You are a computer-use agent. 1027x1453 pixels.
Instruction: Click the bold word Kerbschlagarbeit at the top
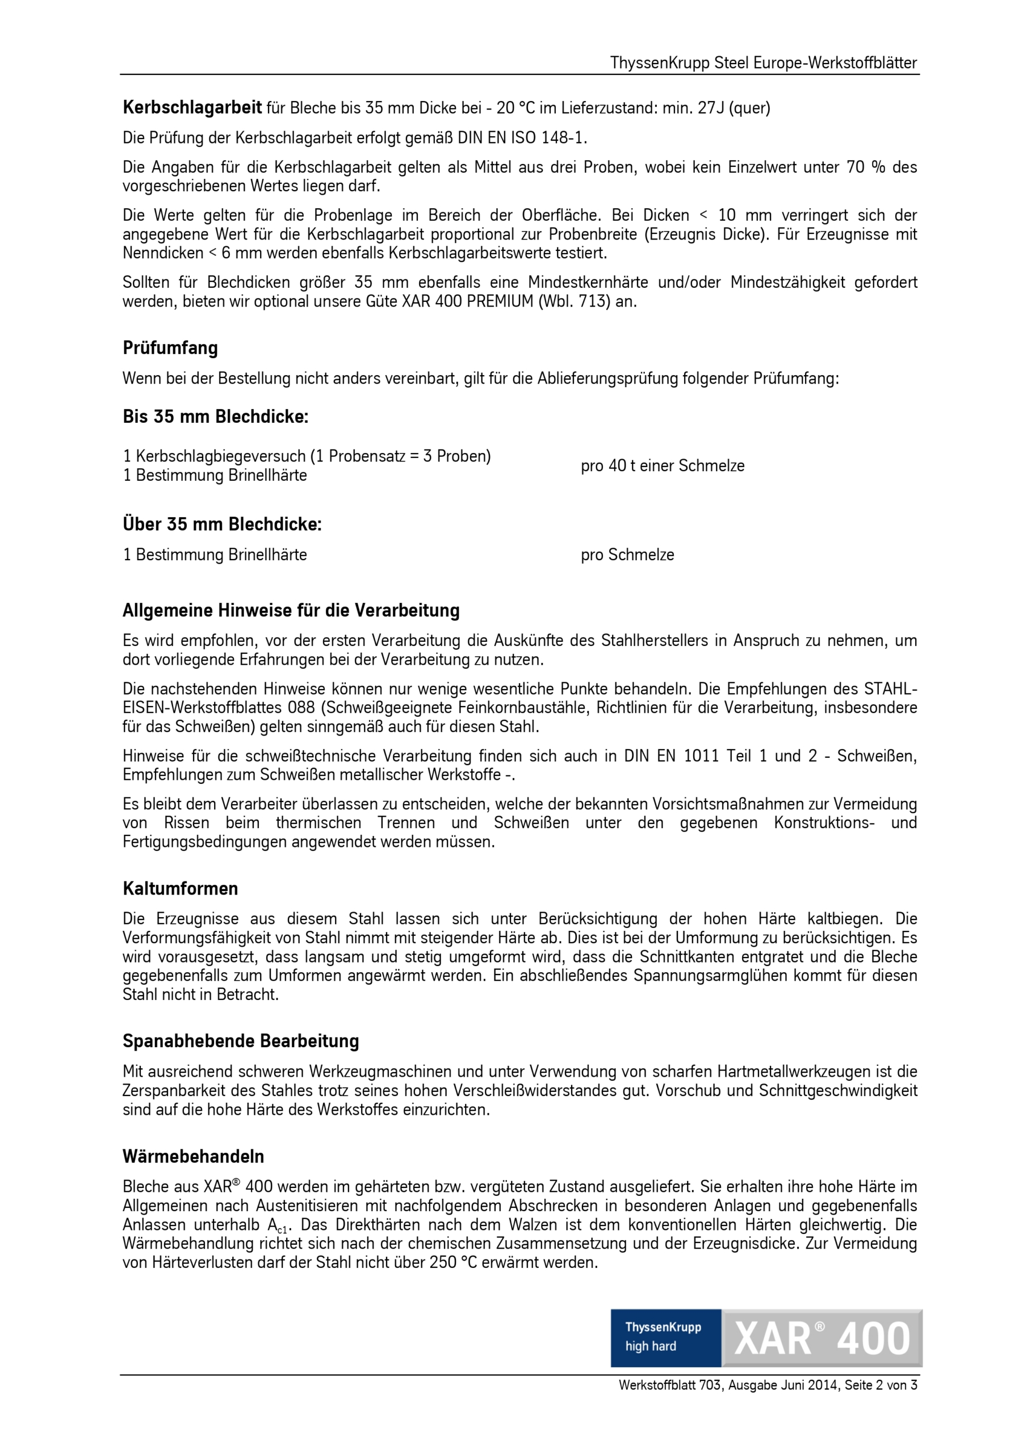[192, 108]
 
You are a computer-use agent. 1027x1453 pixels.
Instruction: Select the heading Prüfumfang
[170, 348]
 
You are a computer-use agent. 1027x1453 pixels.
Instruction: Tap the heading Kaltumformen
[181, 888]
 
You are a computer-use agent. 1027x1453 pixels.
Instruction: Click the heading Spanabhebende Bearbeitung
[241, 1041]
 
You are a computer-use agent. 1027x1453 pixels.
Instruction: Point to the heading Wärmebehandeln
[193, 1156]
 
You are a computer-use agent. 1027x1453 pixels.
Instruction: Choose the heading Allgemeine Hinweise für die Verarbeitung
[291, 611]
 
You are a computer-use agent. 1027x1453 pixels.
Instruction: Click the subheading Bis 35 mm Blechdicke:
[215, 417]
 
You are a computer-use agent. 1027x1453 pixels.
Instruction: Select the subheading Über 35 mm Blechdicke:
[222, 524]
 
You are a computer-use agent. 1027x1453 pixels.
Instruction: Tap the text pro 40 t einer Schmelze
[663, 466]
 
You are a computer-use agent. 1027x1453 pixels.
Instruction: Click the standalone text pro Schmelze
[627, 555]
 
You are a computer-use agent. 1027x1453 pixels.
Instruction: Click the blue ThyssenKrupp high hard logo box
[665, 1338]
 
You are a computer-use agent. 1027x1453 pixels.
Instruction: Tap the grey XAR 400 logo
[822, 1338]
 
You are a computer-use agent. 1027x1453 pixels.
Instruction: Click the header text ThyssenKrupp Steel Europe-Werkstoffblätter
[763, 63]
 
